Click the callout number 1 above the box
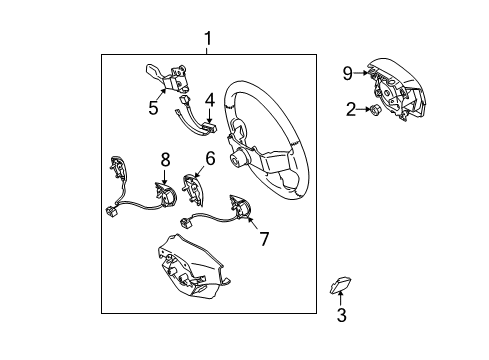(208, 39)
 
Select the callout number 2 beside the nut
(351, 109)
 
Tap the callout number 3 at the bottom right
(341, 316)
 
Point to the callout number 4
(210, 100)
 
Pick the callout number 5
(152, 108)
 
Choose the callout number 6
(210, 158)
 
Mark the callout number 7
(264, 239)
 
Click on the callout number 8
(166, 157)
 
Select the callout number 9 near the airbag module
(347, 72)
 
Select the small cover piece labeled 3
(339, 288)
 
